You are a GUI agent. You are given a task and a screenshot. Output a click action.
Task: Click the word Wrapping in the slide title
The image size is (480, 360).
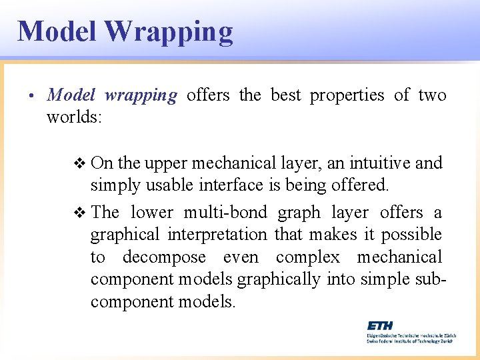pos(169,31)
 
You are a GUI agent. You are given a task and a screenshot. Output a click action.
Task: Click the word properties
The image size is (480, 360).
pos(347,95)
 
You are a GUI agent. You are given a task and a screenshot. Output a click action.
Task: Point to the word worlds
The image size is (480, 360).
pos(73,117)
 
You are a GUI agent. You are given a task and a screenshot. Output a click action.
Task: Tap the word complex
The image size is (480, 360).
pos(307,257)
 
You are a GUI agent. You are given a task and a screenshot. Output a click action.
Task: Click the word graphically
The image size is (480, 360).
pos(279,279)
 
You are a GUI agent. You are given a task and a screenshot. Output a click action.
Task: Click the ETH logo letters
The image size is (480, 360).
pos(380,325)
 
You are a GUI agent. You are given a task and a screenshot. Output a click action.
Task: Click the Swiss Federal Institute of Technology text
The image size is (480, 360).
pos(409,340)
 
